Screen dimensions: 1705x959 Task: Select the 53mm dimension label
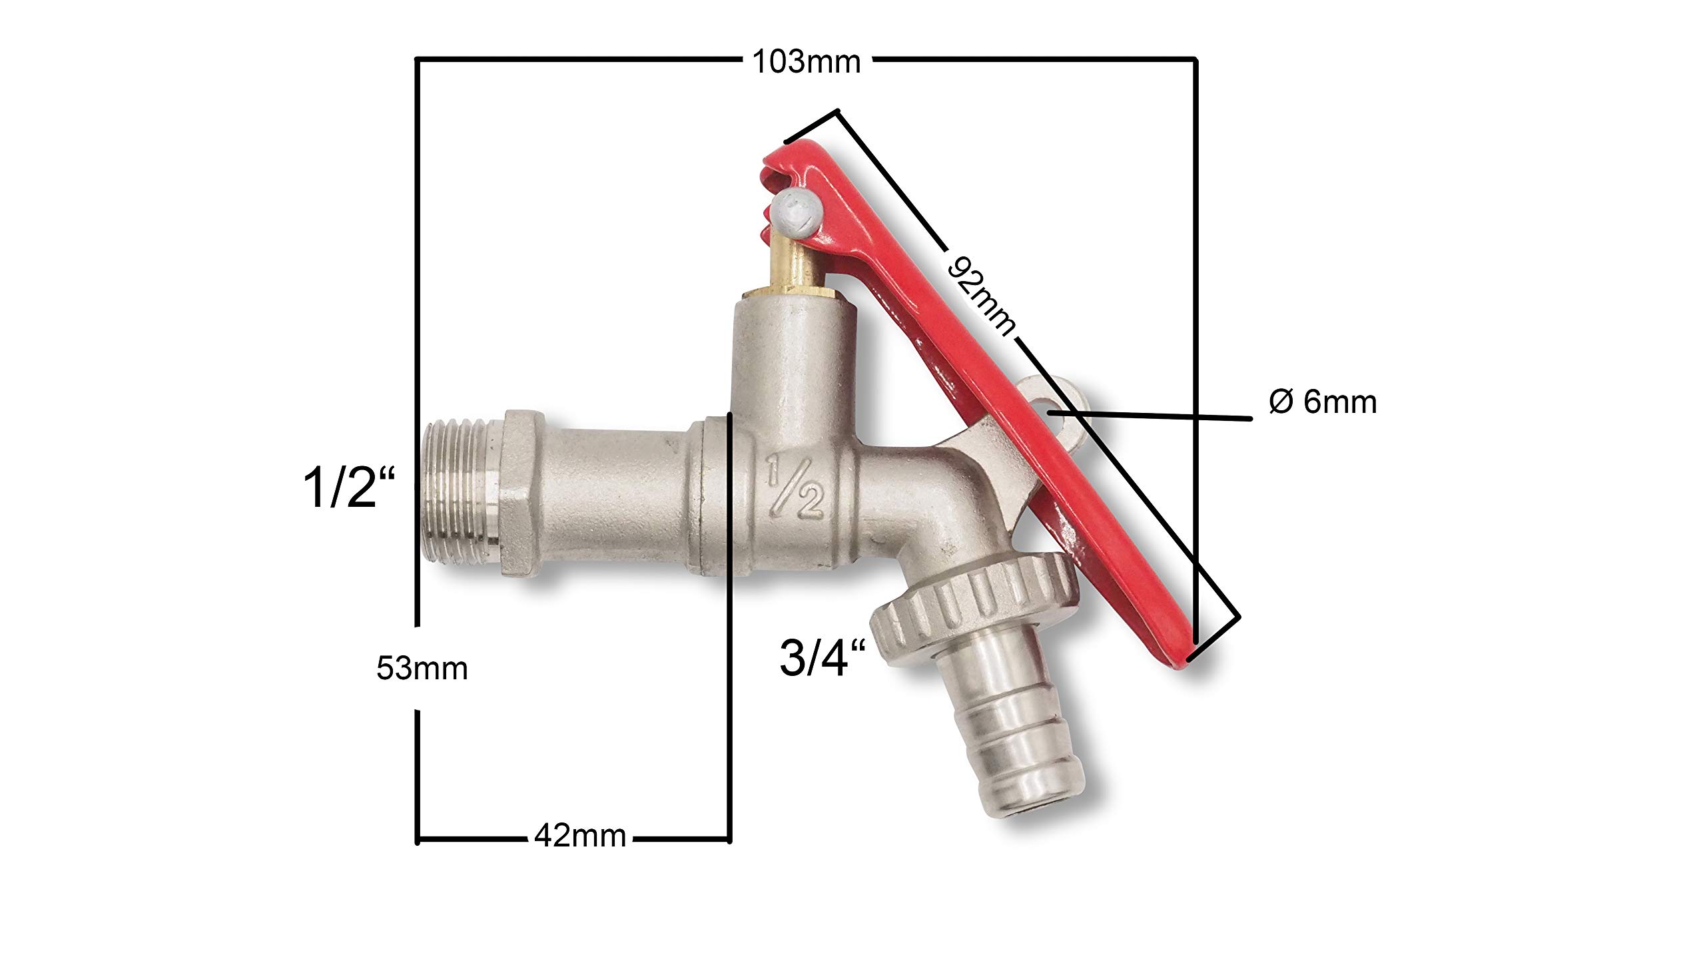422,668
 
